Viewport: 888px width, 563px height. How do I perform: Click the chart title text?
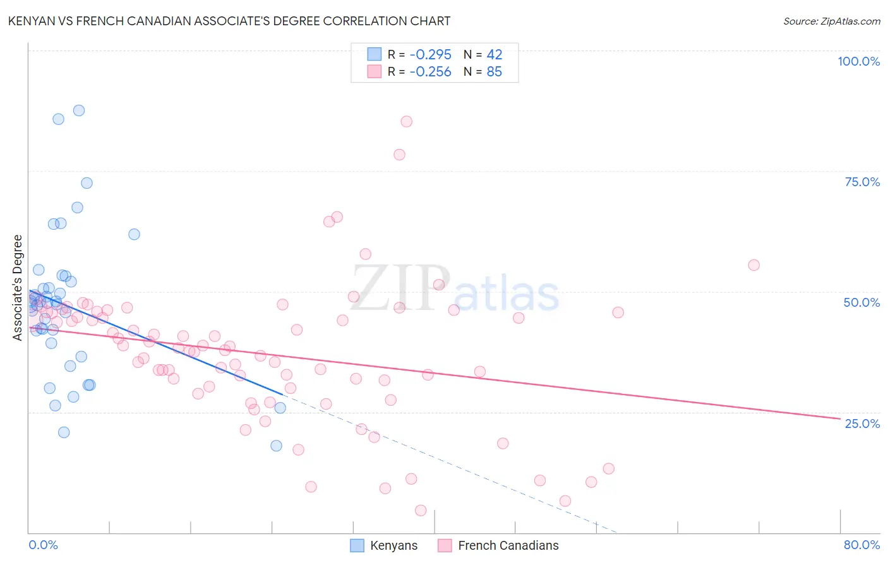click(x=229, y=21)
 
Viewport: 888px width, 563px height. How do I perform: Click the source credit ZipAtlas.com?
click(x=831, y=21)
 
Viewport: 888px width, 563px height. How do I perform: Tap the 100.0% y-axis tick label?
click(x=858, y=61)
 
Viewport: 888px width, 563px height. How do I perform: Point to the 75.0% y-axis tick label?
click(x=862, y=182)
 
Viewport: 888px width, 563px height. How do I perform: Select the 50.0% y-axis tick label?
click(x=861, y=302)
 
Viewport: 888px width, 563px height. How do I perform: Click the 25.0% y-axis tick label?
click(x=862, y=423)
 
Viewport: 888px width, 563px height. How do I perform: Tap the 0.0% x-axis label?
click(x=43, y=545)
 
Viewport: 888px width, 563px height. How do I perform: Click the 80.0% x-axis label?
click(x=861, y=545)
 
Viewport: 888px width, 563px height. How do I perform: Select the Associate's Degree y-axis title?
click(x=18, y=288)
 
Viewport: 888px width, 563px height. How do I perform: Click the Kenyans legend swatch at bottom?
click(x=357, y=545)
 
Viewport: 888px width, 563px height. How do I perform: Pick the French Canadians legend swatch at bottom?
click(x=445, y=545)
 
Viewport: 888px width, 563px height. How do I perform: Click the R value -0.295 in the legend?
click(x=430, y=55)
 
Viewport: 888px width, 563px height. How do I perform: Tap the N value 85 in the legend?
click(x=494, y=72)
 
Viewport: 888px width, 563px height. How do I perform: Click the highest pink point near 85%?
click(x=407, y=121)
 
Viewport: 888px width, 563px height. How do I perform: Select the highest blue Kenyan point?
click(x=79, y=110)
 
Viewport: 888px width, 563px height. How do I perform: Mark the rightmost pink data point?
click(x=753, y=265)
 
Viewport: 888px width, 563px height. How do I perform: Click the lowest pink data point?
click(x=421, y=511)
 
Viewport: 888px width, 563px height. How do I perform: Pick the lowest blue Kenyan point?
click(x=276, y=446)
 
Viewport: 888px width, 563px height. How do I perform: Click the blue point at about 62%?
click(x=134, y=234)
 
